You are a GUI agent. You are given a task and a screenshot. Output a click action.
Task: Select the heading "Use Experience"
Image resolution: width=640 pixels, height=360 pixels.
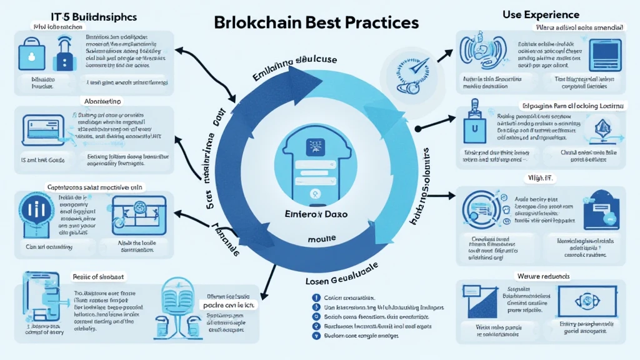pyautogui.click(x=541, y=14)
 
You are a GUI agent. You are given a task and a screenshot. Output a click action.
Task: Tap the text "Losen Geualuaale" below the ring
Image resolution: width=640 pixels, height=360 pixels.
pyautogui.click(x=342, y=282)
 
